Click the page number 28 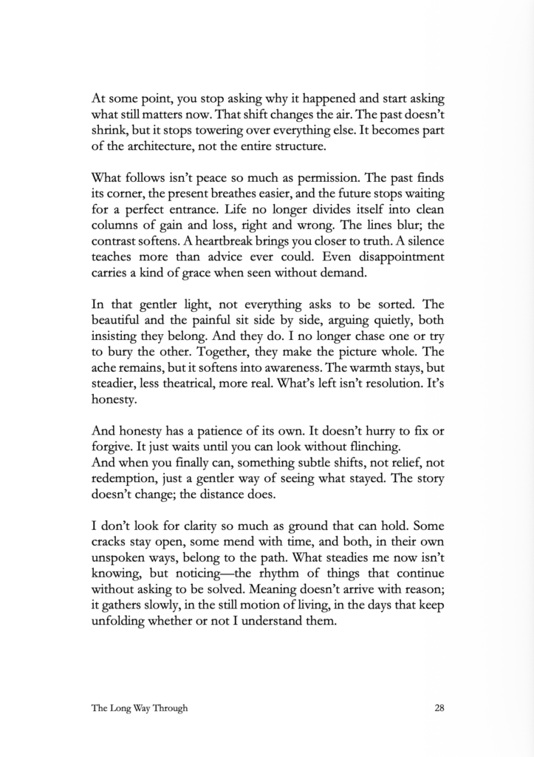click(x=439, y=707)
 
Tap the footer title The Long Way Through click(x=140, y=707)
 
